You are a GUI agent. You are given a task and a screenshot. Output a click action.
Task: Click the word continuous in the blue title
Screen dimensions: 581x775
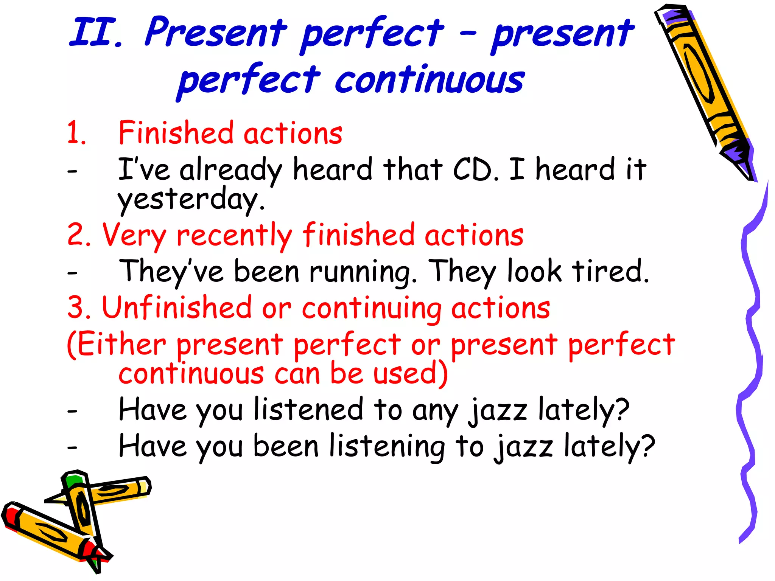(430, 79)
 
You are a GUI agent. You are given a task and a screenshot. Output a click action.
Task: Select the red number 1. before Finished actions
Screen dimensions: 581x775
(76, 134)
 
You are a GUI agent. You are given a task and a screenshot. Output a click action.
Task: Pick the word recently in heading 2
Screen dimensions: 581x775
(234, 235)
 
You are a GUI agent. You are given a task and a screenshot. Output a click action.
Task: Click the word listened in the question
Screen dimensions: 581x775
(308, 409)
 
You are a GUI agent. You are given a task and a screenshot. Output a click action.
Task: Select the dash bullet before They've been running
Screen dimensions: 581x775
(72, 272)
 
